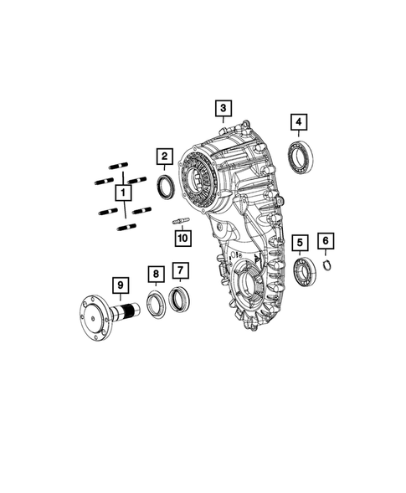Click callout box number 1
click(124, 194)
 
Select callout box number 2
click(165, 156)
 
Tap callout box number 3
click(222, 108)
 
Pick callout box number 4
click(298, 123)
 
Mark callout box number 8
click(155, 274)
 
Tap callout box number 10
click(182, 238)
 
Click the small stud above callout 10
click(182, 221)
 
